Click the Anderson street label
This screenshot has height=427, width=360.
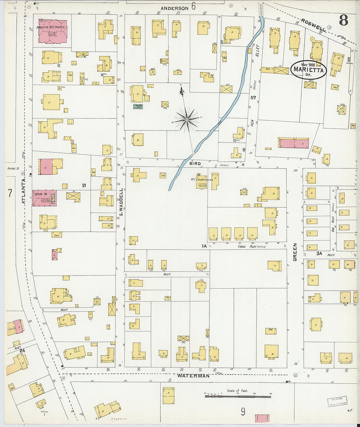(174, 8)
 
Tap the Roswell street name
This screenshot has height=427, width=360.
(314, 25)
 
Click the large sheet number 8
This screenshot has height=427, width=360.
(343, 20)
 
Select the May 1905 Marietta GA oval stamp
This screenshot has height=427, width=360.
(308, 69)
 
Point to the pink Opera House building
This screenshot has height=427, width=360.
(44, 198)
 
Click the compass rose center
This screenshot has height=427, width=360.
(187, 120)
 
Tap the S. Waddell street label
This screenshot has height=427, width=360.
(120, 202)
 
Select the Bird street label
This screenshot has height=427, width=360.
(195, 163)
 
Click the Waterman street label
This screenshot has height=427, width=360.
(193, 376)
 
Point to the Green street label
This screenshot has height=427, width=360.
(295, 252)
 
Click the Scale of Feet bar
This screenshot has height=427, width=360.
(238, 397)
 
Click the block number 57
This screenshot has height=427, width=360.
(253, 98)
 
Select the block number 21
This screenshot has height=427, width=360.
(84, 186)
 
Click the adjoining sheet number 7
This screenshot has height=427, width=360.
(10, 193)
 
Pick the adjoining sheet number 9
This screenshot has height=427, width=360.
(243, 411)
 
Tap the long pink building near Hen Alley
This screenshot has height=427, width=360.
(294, 143)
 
